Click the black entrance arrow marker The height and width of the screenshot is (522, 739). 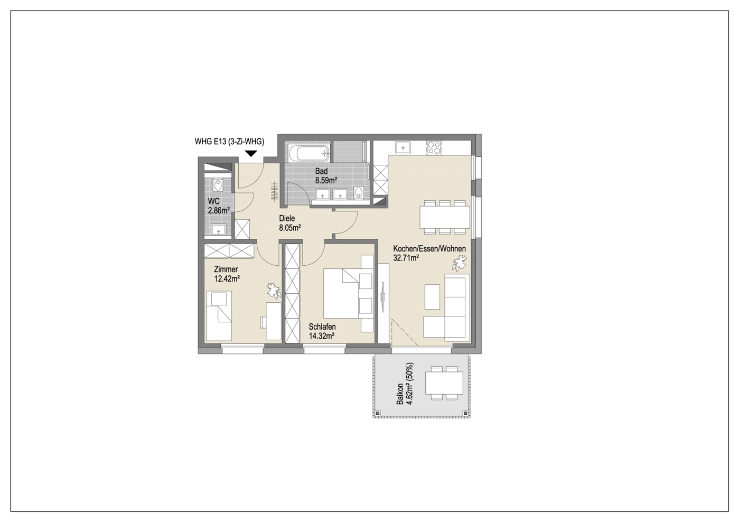(251, 153)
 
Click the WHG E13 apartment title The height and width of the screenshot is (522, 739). (229, 142)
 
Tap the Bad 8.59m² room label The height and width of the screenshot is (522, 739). (326, 175)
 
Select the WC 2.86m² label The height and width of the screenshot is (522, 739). (219, 206)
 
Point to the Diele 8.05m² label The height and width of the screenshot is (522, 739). (290, 223)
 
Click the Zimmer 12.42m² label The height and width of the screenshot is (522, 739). (227, 274)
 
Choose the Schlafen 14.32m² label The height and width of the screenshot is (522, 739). (322, 331)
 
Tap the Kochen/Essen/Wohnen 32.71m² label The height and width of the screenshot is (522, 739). (429, 253)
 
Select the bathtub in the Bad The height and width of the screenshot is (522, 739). (308, 153)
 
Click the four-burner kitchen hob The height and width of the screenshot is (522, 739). (434, 148)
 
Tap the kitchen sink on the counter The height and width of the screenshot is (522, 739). (403, 148)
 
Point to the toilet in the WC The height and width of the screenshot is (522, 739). (218, 185)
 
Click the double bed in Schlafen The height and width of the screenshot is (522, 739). (341, 293)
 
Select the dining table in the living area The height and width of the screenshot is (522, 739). (444, 217)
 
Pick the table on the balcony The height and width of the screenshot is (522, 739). (444, 383)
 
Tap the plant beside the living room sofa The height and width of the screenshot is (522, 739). (460, 264)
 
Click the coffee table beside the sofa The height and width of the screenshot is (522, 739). (432, 297)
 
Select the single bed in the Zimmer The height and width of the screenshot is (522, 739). (219, 316)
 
